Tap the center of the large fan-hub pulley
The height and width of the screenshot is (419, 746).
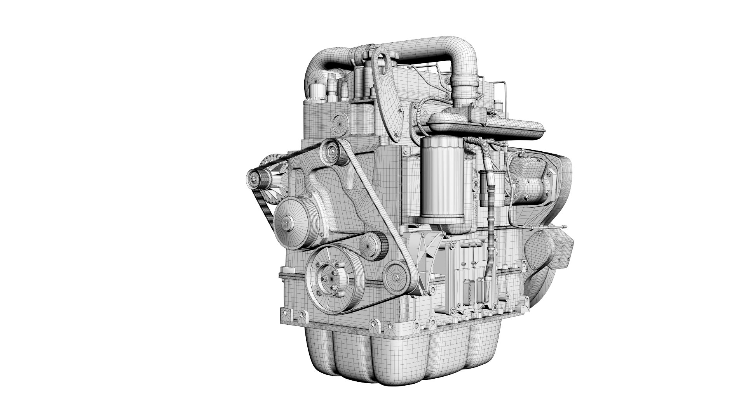click(x=287, y=222)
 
